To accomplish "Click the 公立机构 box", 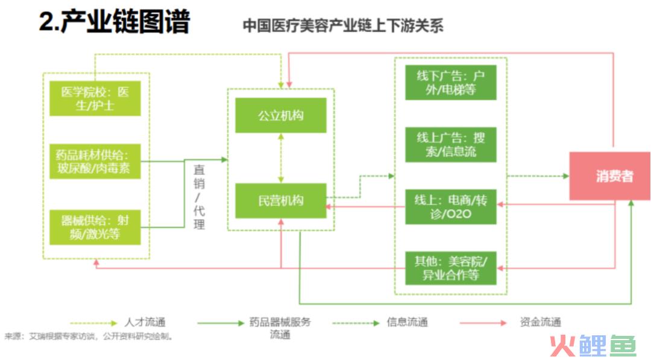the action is (x=281, y=115).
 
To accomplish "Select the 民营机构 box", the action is (x=281, y=201).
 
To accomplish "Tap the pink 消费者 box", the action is (x=609, y=176).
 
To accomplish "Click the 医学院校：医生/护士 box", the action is (x=95, y=98).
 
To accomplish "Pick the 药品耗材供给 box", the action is (x=95, y=162).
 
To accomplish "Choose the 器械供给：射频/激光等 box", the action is (x=95, y=227).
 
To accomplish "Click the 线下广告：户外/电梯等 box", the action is (x=451, y=83).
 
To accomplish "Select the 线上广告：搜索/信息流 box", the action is (x=451, y=145).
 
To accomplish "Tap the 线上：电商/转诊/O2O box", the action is (x=451, y=207).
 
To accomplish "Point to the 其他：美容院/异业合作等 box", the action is (x=451, y=268).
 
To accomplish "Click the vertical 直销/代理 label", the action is (x=199, y=197).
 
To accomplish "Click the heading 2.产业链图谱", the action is (x=115, y=21).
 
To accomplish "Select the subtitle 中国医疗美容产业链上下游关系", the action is (x=343, y=26).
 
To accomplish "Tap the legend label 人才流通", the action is (x=145, y=322).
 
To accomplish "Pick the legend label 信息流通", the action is (x=407, y=322).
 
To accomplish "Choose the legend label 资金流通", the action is (x=540, y=322).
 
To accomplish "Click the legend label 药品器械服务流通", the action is (x=280, y=328).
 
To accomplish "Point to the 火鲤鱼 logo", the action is (x=593, y=346).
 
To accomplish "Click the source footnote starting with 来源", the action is (x=89, y=336).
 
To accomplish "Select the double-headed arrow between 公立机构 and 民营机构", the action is (x=281, y=158).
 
